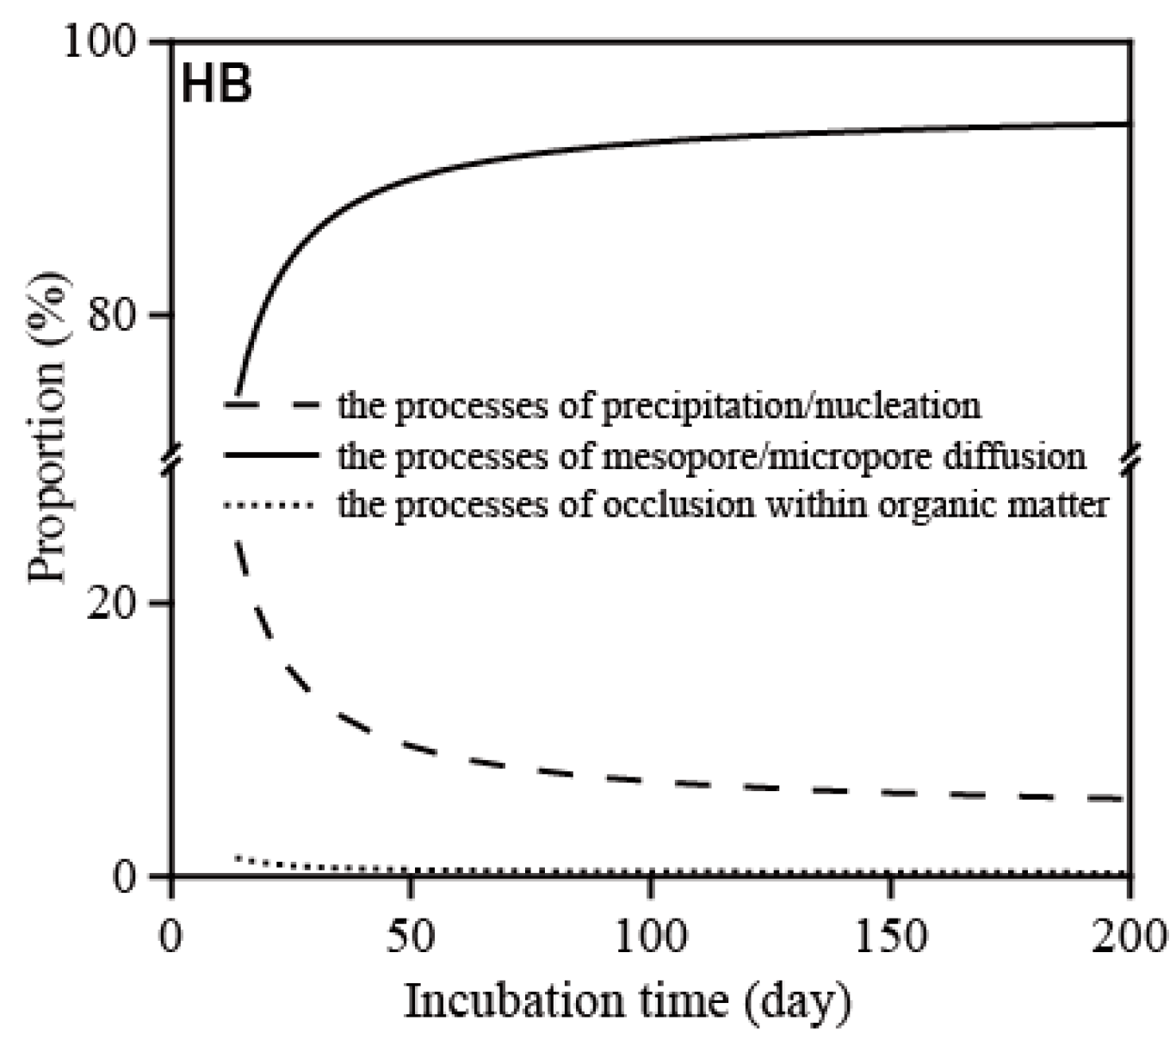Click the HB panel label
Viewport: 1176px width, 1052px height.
(216, 86)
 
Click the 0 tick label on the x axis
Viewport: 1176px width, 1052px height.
(172, 934)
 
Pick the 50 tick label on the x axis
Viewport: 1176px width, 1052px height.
(411, 934)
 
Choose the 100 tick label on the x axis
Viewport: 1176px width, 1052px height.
(651, 934)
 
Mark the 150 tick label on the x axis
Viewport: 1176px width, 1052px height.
(890, 934)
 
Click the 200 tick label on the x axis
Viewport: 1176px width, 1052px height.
(1129, 934)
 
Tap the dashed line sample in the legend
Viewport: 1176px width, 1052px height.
(271, 404)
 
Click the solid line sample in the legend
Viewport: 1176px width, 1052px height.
(271, 455)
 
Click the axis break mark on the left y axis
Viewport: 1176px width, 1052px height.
(172, 459)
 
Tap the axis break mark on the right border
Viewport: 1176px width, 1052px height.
(1131, 459)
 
